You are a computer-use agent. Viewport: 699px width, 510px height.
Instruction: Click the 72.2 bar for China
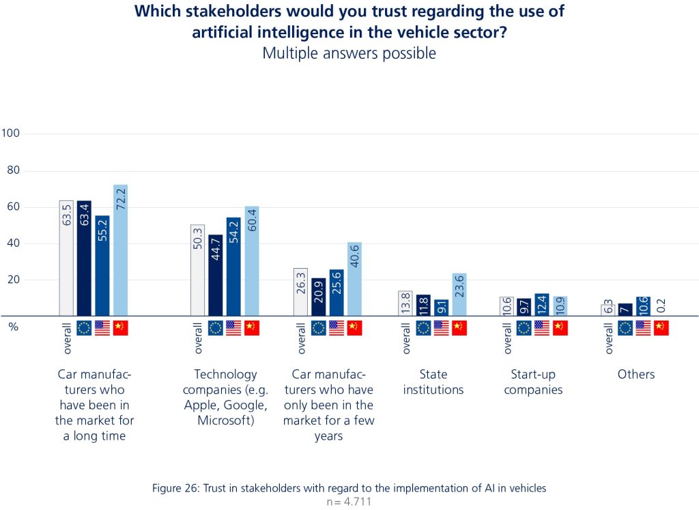coord(121,250)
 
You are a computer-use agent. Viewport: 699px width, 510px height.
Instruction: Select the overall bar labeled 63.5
coord(66,258)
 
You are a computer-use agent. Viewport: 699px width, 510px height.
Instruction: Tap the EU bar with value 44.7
coord(216,275)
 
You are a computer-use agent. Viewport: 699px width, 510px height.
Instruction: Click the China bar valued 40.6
coord(354,278)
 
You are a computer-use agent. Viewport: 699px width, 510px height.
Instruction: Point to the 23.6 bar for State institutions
coord(459,295)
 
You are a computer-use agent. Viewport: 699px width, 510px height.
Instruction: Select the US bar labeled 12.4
coord(542,305)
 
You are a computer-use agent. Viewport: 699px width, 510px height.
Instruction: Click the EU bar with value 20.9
coord(318,297)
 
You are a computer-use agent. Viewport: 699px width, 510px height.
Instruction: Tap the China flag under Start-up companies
coord(560,328)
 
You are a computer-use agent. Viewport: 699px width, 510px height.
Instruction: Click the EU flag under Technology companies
coord(216,328)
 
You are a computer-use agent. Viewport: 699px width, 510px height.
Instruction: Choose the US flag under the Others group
coord(643,328)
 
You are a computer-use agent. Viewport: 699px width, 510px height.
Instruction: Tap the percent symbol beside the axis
coord(13,327)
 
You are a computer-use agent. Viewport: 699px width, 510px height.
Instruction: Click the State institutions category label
coord(433,382)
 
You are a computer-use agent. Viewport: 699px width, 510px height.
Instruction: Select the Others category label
coord(636,375)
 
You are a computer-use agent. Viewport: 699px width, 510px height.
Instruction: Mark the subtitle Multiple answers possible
coord(349,53)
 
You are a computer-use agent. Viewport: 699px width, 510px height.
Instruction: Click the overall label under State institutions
coord(406,338)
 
